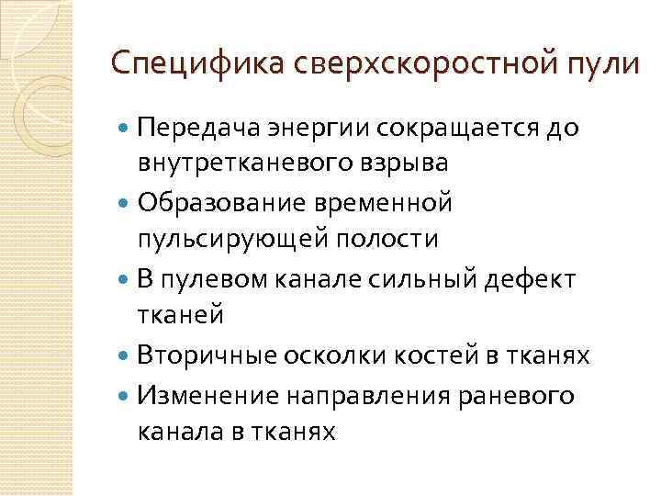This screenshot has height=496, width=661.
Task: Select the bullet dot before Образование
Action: (125, 201)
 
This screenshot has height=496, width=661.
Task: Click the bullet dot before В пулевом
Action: (125, 276)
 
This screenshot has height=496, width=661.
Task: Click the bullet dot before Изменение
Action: (125, 395)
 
